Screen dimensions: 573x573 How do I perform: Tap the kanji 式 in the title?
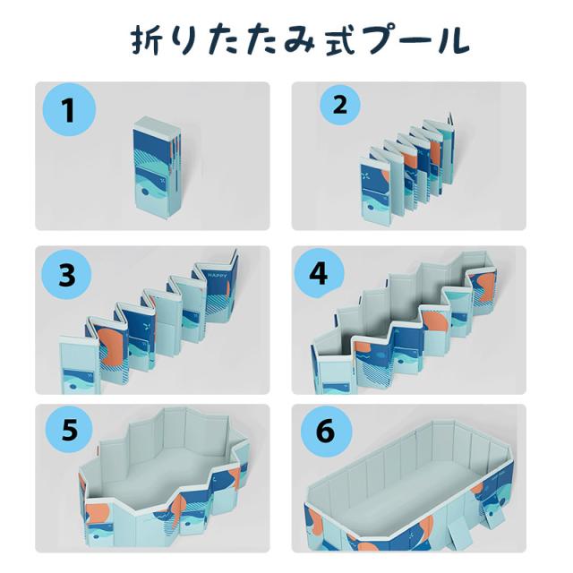click(340, 41)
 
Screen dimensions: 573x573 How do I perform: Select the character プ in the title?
click(381, 40)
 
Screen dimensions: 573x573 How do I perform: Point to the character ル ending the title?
click(452, 41)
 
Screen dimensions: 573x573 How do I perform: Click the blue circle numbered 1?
click(69, 109)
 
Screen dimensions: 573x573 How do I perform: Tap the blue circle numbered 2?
click(340, 106)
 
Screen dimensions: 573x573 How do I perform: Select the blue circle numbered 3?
click(67, 274)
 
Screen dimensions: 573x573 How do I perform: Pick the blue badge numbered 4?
click(319, 273)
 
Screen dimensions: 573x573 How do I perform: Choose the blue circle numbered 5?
click(70, 430)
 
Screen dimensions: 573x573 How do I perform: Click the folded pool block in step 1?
click(157, 168)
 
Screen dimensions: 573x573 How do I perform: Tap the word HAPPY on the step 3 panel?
click(217, 275)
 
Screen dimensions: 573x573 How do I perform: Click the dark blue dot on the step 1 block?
click(145, 192)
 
